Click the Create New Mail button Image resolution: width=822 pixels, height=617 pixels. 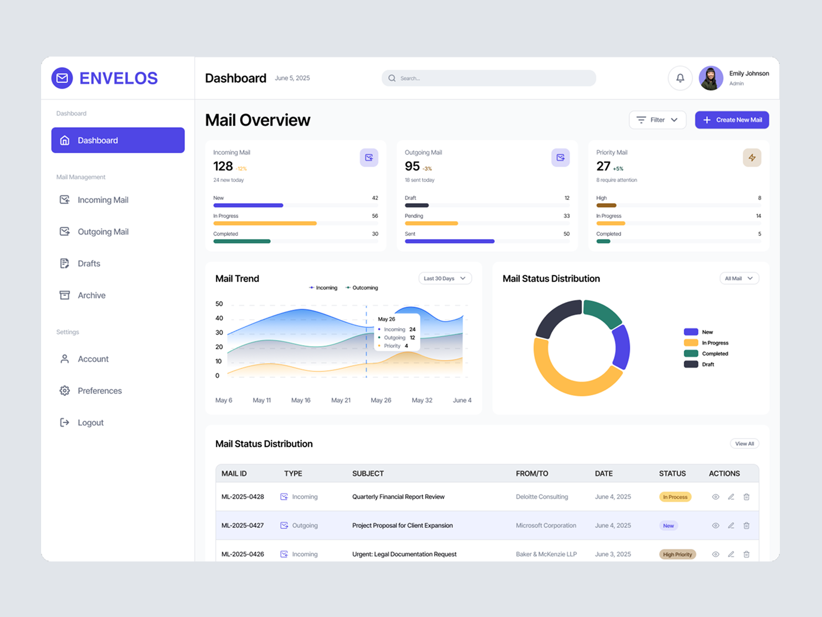(732, 120)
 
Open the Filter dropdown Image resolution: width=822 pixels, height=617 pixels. (657, 120)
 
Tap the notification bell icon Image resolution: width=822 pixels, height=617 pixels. (680, 78)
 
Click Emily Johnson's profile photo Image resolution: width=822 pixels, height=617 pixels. (711, 78)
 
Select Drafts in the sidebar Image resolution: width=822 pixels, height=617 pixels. (88, 264)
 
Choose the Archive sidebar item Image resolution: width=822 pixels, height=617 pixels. (91, 296)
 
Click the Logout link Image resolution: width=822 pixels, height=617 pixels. (90, 423)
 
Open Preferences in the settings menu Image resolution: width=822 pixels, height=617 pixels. (99, 391)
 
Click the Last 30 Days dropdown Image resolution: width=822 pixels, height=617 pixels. (444, 278)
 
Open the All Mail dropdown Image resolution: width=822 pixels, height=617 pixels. (738, 278)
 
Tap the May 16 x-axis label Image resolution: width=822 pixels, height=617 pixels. (301, 400)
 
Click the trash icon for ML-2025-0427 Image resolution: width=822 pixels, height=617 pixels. (746, 525)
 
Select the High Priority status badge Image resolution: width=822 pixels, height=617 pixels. (677, 554)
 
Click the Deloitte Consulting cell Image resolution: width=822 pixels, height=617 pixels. (541, 497)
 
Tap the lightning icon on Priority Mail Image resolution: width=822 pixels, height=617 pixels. (752, 158)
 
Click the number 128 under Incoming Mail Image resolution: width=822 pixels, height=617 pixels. (223, 166)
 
